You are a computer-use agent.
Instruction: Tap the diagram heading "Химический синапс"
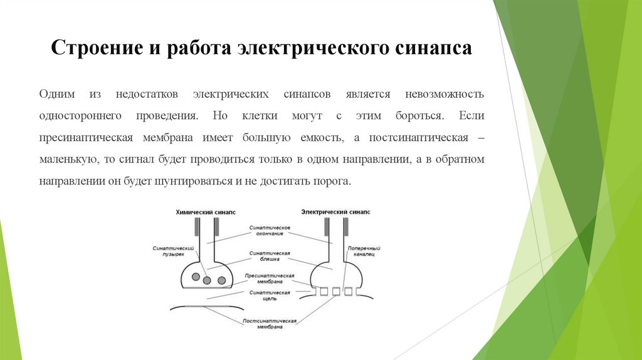coord(206,213)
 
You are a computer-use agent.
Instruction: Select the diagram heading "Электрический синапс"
coord(335,213)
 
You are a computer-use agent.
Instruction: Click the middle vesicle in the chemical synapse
coord(208,280)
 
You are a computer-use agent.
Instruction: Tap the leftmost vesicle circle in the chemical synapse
coord(196,276)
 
